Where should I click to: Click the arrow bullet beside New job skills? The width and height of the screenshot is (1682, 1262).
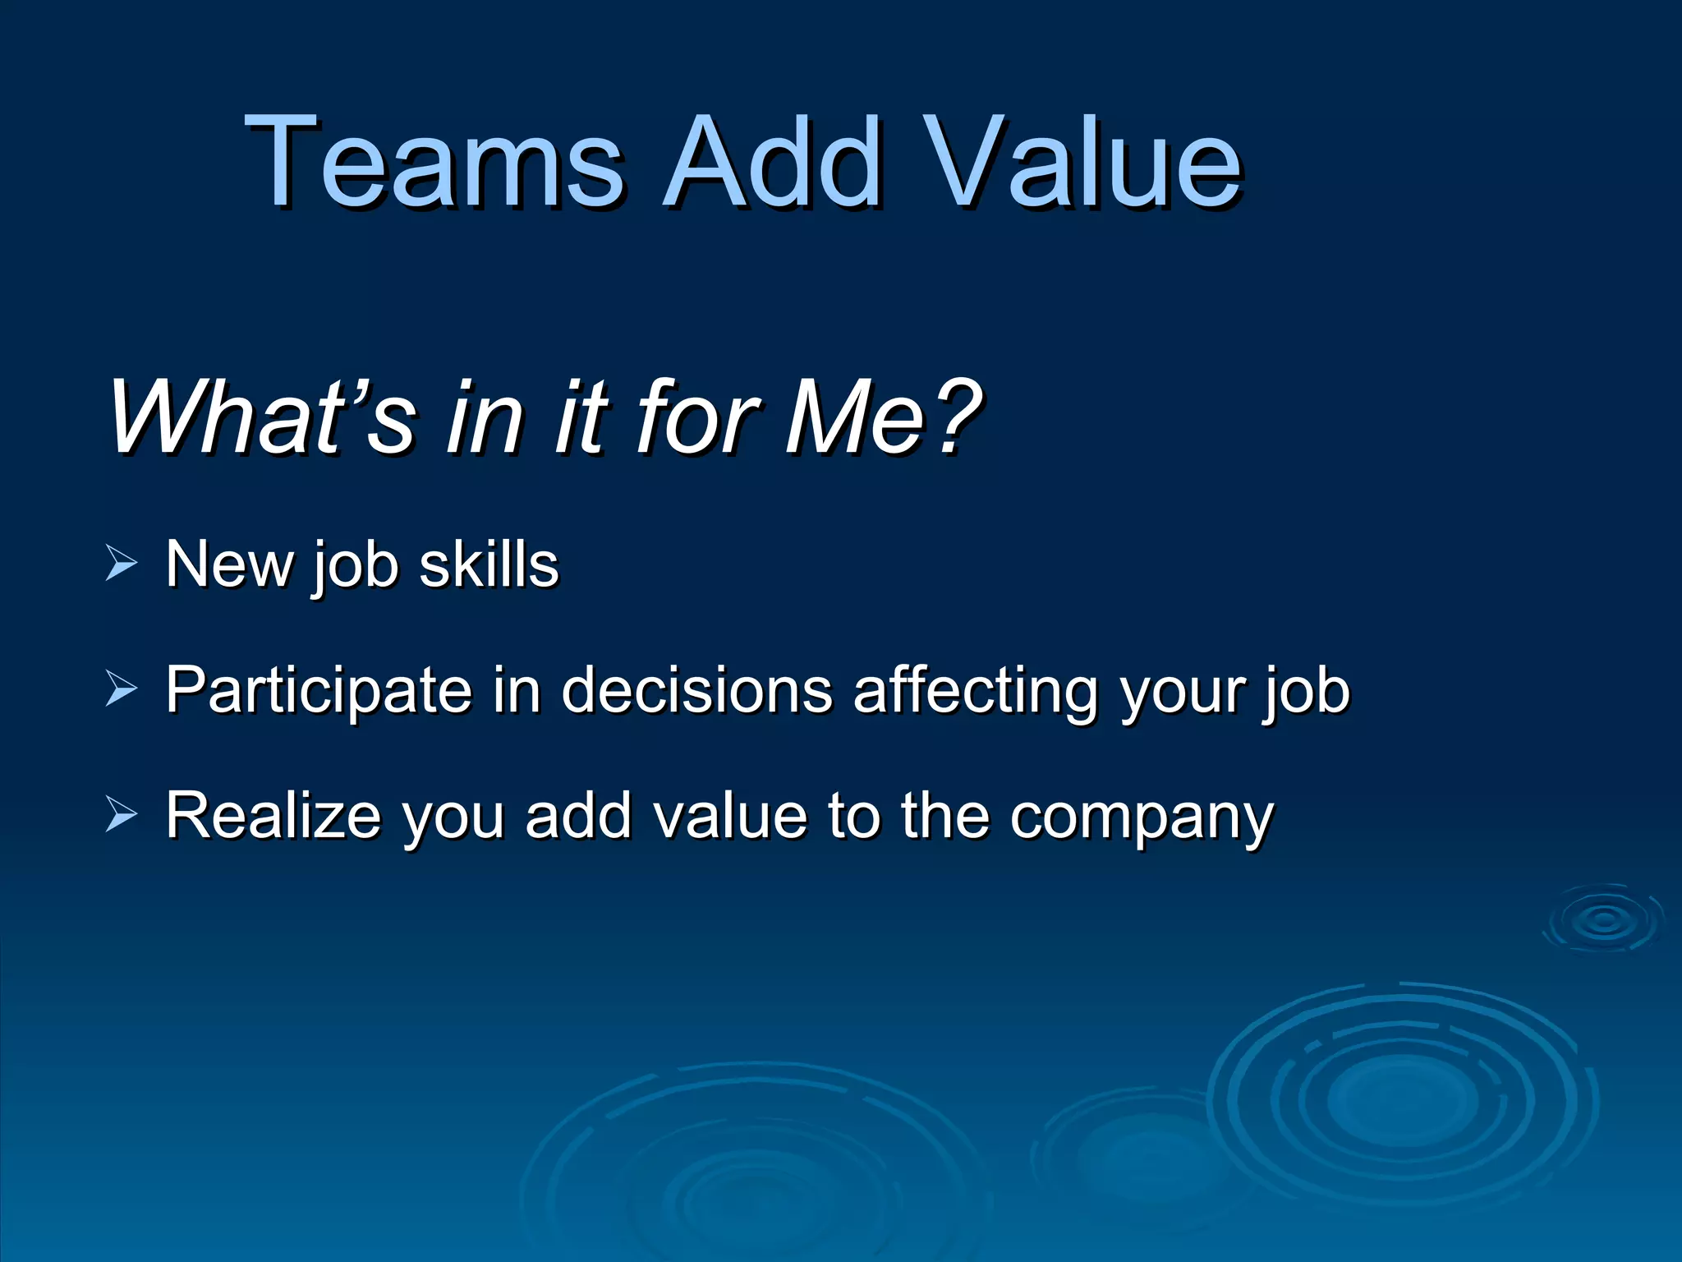point(122,566)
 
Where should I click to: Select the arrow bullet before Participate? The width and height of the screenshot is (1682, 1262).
point(122,690)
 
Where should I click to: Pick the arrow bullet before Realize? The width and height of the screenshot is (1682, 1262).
point(122,816)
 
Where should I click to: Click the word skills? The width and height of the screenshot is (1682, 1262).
point(489,564)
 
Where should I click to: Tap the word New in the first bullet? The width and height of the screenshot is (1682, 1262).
point(229,564)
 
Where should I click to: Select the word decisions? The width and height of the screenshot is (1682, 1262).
point(697,689)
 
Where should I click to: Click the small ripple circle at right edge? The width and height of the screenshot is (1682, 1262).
point(1604,920)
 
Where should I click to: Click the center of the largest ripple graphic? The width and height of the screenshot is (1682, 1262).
point(1402,1097)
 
